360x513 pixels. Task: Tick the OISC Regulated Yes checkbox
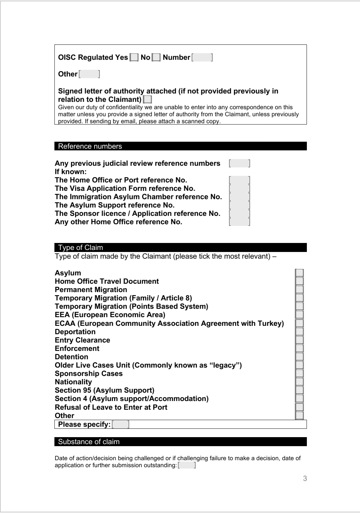click(x=134, y=57)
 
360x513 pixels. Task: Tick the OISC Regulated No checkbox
click(x=156, y=57)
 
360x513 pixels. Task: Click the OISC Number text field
click(x=202, y=57)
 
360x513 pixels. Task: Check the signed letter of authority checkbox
click(x=147, y=100)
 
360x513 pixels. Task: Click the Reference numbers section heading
click(x=90, y=146)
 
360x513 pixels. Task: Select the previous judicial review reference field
click(x=239, y=163)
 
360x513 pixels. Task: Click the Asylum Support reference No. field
click(x=239, y=205)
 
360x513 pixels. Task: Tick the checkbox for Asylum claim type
click(x=300, y=273)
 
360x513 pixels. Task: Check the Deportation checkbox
click(x=300, y=332)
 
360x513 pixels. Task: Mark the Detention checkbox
click(x=300, y=357)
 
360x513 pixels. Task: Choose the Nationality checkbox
click(x=300, y=382)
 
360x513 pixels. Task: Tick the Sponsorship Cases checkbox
click(x=300, y=374)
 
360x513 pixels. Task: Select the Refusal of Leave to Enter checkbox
click(x=300, y=407)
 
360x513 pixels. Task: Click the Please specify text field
click(x=121, y=425)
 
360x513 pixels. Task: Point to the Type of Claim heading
click(x=80, y=248)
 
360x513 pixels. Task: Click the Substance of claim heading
click(x=89, y=442)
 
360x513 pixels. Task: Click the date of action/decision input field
click(x=187, y=466)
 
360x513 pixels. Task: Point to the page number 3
click(x=305, y=479)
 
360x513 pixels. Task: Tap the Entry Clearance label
click(x=82, y=340)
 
